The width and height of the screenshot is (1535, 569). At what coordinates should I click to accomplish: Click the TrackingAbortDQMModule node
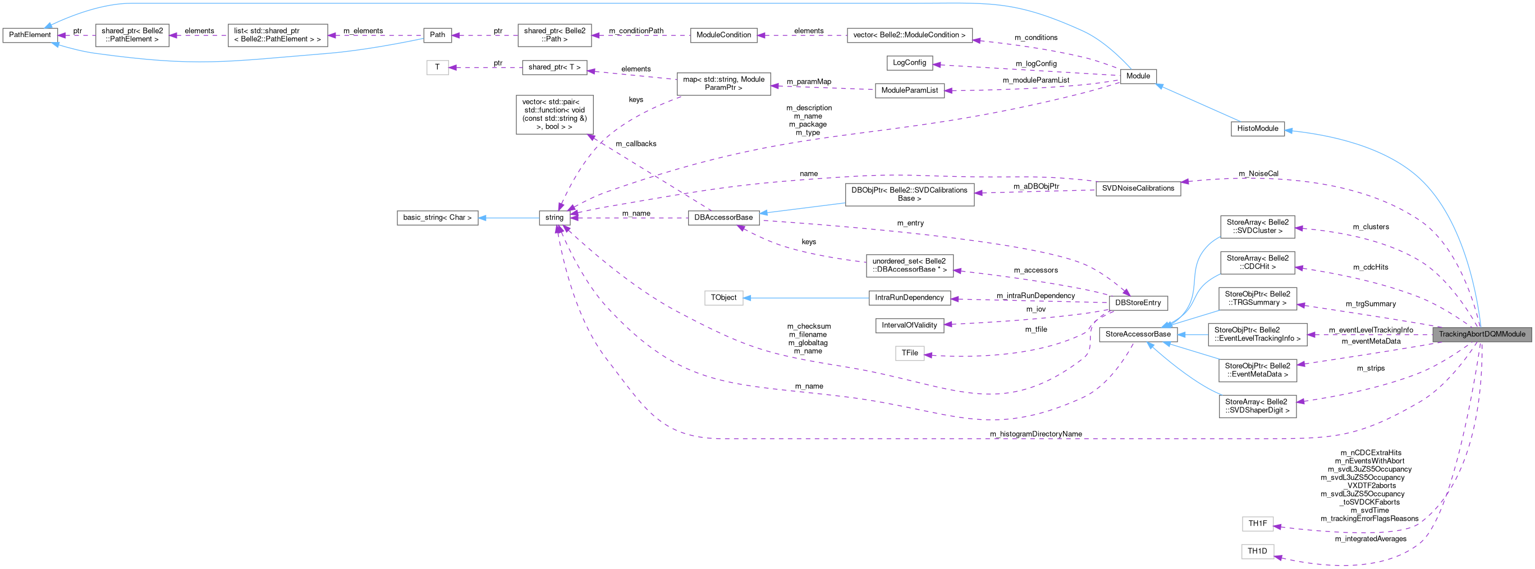coord(1481,334)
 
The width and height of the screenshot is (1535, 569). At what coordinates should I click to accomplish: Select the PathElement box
coord(30,35)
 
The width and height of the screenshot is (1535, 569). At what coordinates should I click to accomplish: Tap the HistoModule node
coord(1257,129)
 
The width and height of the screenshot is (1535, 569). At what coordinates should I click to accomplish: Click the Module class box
coord(1138,76)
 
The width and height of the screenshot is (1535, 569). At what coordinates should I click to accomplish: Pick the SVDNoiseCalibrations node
coord(1138,189)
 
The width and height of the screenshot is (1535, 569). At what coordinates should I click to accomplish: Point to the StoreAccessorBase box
coord(1138,334)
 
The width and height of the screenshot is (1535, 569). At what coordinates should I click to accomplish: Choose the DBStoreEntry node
coord(1138,302)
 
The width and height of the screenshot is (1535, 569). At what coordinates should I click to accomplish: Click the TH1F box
coord(1257,524)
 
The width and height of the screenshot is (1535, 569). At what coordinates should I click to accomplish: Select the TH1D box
coord(1257,551)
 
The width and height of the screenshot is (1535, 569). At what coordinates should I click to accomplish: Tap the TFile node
coord(909,354)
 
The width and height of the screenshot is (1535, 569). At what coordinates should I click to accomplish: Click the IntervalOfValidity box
coord(909,325)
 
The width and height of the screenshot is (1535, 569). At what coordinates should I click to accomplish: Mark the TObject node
coord(723,297)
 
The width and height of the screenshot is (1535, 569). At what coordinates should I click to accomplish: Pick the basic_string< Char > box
coord(437,218)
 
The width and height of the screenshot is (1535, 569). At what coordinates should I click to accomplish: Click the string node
coord(553,218)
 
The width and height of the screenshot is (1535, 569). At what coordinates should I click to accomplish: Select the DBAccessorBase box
coord(723,218)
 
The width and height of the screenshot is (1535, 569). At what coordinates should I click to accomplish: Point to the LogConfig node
coord(909,62)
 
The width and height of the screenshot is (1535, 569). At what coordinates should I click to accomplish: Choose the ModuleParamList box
coord(909,90)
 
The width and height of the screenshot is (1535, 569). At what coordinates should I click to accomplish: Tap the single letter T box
coord(437,67)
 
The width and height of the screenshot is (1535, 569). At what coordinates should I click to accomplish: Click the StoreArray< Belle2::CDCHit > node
coord(1257,263)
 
